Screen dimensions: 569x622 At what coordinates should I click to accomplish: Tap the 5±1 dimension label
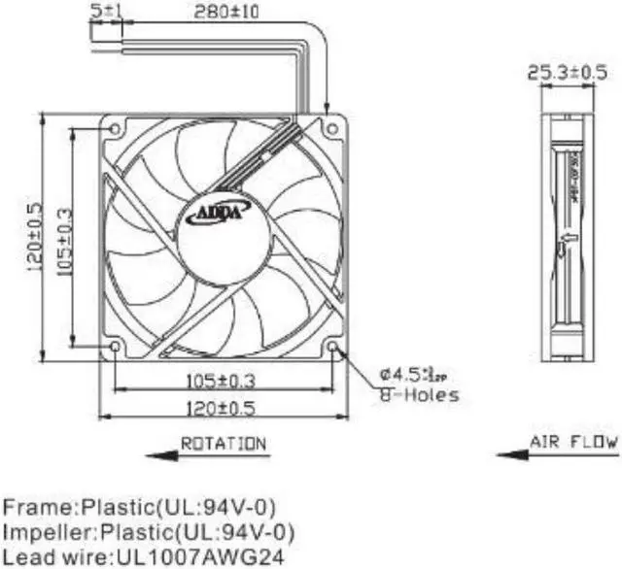[x=106, y=13]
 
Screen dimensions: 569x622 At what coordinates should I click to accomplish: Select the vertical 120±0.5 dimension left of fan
[x=35, y=237]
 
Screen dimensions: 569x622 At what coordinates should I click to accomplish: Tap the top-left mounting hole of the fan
[x=117, y=128]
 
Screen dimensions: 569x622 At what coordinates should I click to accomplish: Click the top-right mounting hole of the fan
[x=333, y=128]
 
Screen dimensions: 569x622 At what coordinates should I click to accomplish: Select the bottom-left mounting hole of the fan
[x=117, y=346]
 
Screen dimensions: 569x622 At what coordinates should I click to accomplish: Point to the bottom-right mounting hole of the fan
[x=333, y=346]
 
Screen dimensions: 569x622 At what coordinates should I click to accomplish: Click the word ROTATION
[x=223, y=444]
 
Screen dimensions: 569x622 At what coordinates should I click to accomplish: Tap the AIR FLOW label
[x=572, y=442]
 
